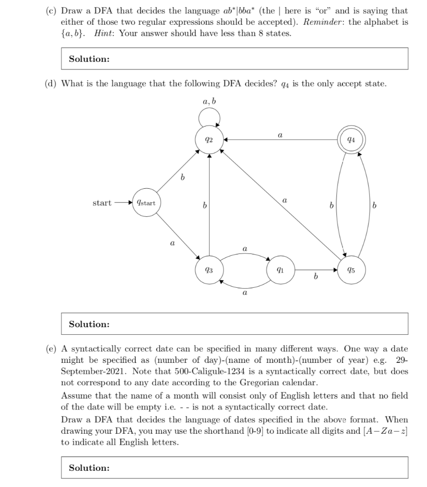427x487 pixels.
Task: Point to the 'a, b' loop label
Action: tap(209, 101)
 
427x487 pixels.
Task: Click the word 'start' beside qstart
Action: tap(102, 203)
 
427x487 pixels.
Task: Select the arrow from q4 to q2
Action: tap(281, 140)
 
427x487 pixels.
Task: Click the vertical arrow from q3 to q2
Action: tap(209, 205)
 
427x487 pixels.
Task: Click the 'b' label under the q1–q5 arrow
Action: tap(315, 277)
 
